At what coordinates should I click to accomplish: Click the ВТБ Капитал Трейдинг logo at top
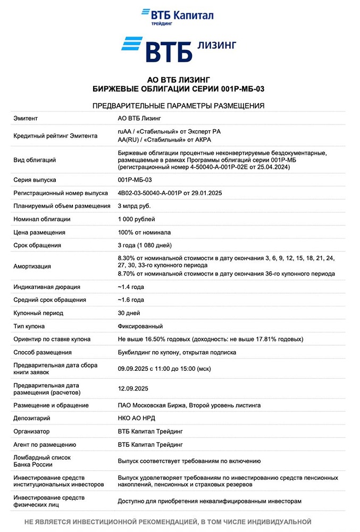[x=178, y=16]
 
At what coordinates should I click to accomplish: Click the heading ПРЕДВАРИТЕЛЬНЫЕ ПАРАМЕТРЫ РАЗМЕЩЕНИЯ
[x=179, y=105]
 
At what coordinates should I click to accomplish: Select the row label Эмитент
[x=26, y=118]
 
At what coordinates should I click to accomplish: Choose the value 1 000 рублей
[x=137, y=219]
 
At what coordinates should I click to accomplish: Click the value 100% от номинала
[x=144, y=232]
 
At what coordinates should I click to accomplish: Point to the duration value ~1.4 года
[x=131, y=287]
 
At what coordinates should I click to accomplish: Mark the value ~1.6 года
[x=131, y=300]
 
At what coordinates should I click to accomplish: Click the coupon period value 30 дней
[x=129, y=313]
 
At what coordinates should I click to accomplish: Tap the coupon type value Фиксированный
[x=140, y=326]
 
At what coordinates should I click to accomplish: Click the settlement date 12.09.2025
[x=133, y=389]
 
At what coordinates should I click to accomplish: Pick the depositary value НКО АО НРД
[x=136, y=418]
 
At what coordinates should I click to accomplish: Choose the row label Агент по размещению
[x=45, y=444]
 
